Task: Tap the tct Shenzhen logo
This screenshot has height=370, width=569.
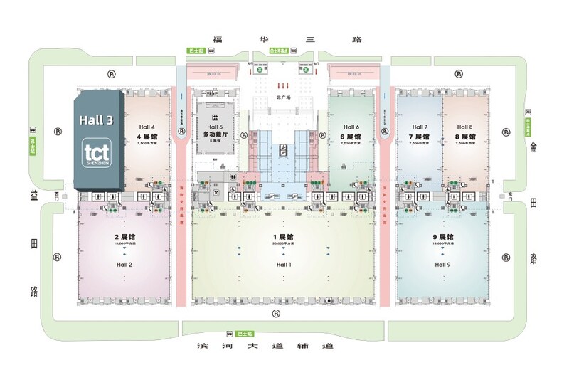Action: click(x=95, y=154)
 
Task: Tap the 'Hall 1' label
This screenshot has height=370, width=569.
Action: click(x=284, y=265)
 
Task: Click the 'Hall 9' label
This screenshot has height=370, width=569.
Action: click(x=442, y=265)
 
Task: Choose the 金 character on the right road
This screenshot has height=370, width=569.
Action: click(x=533, y=147)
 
